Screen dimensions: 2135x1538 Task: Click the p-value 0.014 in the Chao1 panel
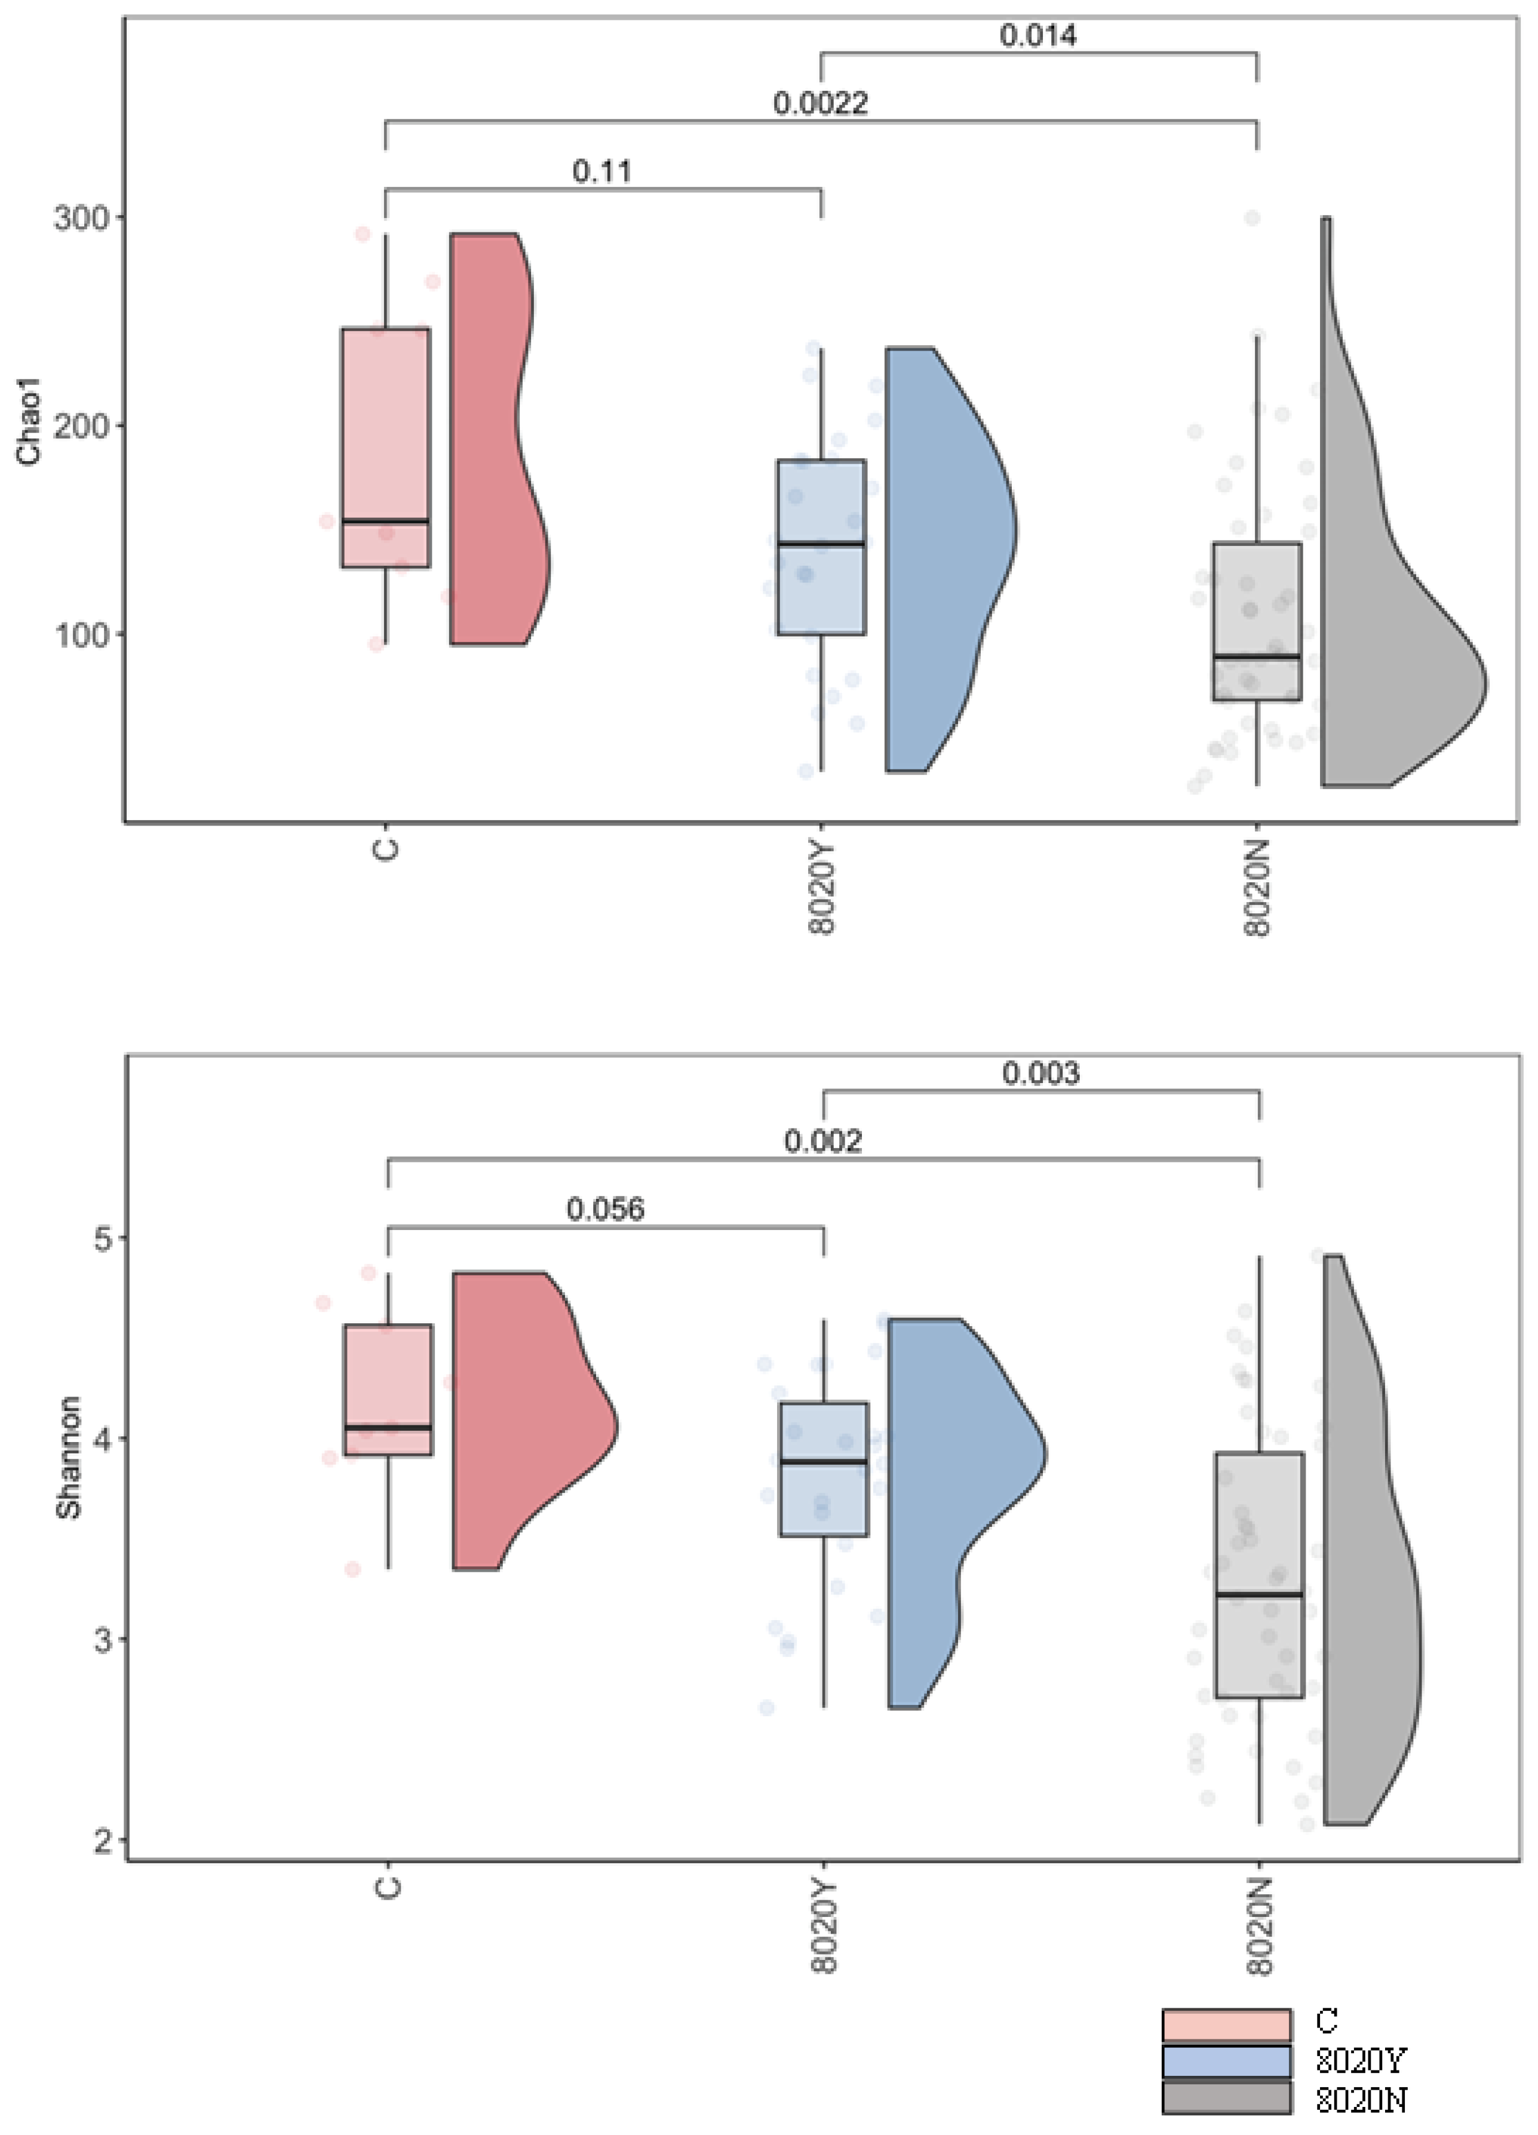pyautogui.click(x=1037, y=36)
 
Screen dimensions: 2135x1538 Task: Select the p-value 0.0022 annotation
pyautogui.click(x=820, y=103)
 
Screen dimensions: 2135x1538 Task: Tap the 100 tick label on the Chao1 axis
pyautogui.click(x=81, y=634)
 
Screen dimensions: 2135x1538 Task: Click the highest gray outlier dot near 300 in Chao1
pyautogui.click(x=1252, y=219)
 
